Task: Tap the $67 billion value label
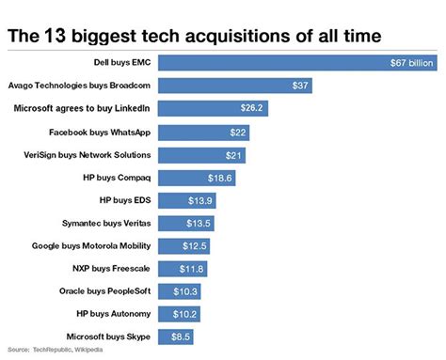coord(411,63)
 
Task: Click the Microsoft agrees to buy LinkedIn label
coord(84,108)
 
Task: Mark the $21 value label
coord(235,154)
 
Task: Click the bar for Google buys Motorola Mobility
coord(183,245)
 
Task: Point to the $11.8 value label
coord(191,269)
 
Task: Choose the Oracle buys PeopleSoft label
coord(104,291)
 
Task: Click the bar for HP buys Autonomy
coord(179,314)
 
